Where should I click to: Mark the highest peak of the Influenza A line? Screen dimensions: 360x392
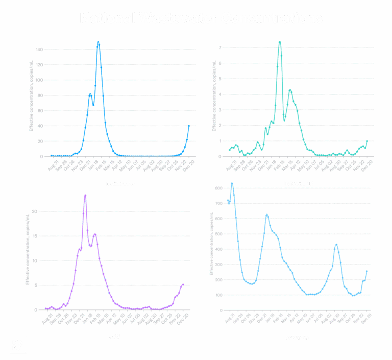[99, 42]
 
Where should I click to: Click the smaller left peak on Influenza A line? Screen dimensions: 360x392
[90, 94]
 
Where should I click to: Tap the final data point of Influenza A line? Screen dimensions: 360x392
[189, 126]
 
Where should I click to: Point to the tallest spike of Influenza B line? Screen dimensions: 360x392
[280, 41]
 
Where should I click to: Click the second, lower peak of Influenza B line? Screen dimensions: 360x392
[290, 90]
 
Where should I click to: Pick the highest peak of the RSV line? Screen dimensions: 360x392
[85, 196]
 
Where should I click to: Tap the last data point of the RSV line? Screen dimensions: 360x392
[183, 284]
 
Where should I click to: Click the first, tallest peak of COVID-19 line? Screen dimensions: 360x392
[232, 183]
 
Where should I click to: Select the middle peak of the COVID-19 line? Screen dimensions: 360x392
[267, 215]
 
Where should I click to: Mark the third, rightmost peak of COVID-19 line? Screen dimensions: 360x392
[336, 245]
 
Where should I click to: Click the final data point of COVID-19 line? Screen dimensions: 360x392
[366, 271]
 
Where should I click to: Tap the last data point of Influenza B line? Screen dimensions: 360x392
[367, 140]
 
